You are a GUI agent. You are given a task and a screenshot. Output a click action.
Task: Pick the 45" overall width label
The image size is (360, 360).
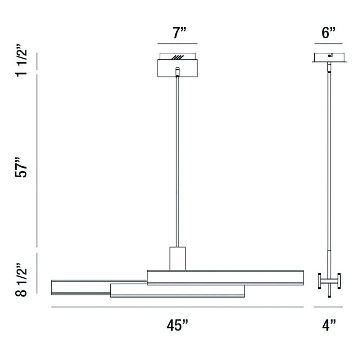[x=177, y=325]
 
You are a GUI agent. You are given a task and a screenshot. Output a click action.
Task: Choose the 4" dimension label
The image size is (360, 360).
[x=328, y=325]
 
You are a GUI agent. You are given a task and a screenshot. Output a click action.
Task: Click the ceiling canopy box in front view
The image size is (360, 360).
[x=177, y=68]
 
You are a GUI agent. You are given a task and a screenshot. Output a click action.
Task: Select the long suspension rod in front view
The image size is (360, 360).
[x=177, y=160]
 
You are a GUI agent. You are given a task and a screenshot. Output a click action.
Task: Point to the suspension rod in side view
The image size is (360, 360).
[x=329, y=160]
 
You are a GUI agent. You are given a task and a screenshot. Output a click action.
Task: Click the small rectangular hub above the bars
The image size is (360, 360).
[x=177, y=258]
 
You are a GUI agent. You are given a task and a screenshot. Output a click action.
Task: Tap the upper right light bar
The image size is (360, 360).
[x=225, y=278]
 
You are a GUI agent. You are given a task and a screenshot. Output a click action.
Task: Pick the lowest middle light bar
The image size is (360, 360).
[x=177, y=291]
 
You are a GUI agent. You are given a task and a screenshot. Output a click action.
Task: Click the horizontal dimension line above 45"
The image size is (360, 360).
[x=177, y=307]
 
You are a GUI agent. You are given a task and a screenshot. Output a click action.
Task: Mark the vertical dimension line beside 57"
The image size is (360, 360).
[x=37, y=160]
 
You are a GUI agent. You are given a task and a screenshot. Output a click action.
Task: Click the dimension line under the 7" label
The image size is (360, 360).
[x=177, y=44]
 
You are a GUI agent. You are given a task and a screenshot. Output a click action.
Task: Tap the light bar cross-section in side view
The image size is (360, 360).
[x=329, y=281]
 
